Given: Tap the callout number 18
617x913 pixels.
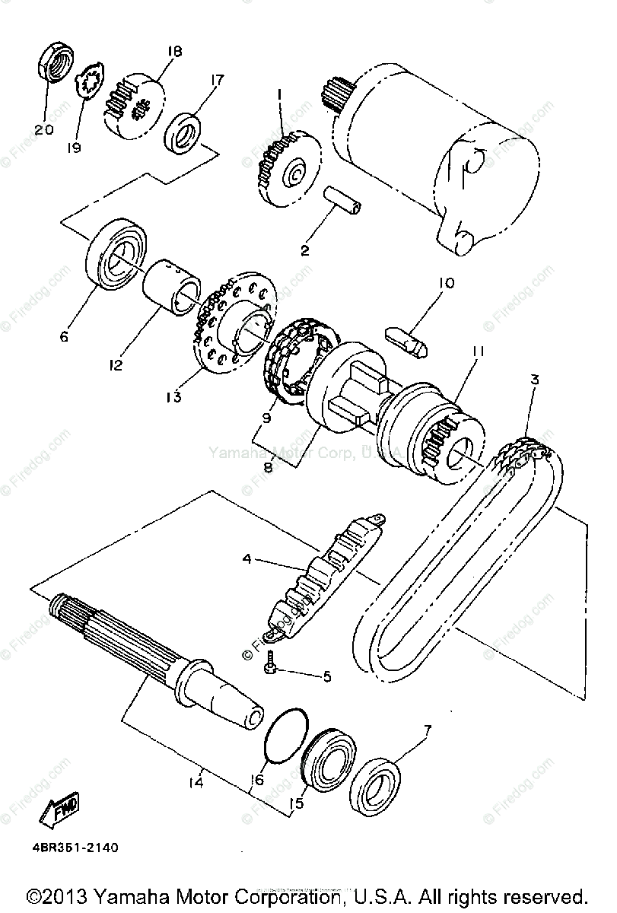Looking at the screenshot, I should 173,52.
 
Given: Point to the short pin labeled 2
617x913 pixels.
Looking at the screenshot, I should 343,199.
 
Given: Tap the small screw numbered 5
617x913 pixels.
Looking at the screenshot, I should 270,667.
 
